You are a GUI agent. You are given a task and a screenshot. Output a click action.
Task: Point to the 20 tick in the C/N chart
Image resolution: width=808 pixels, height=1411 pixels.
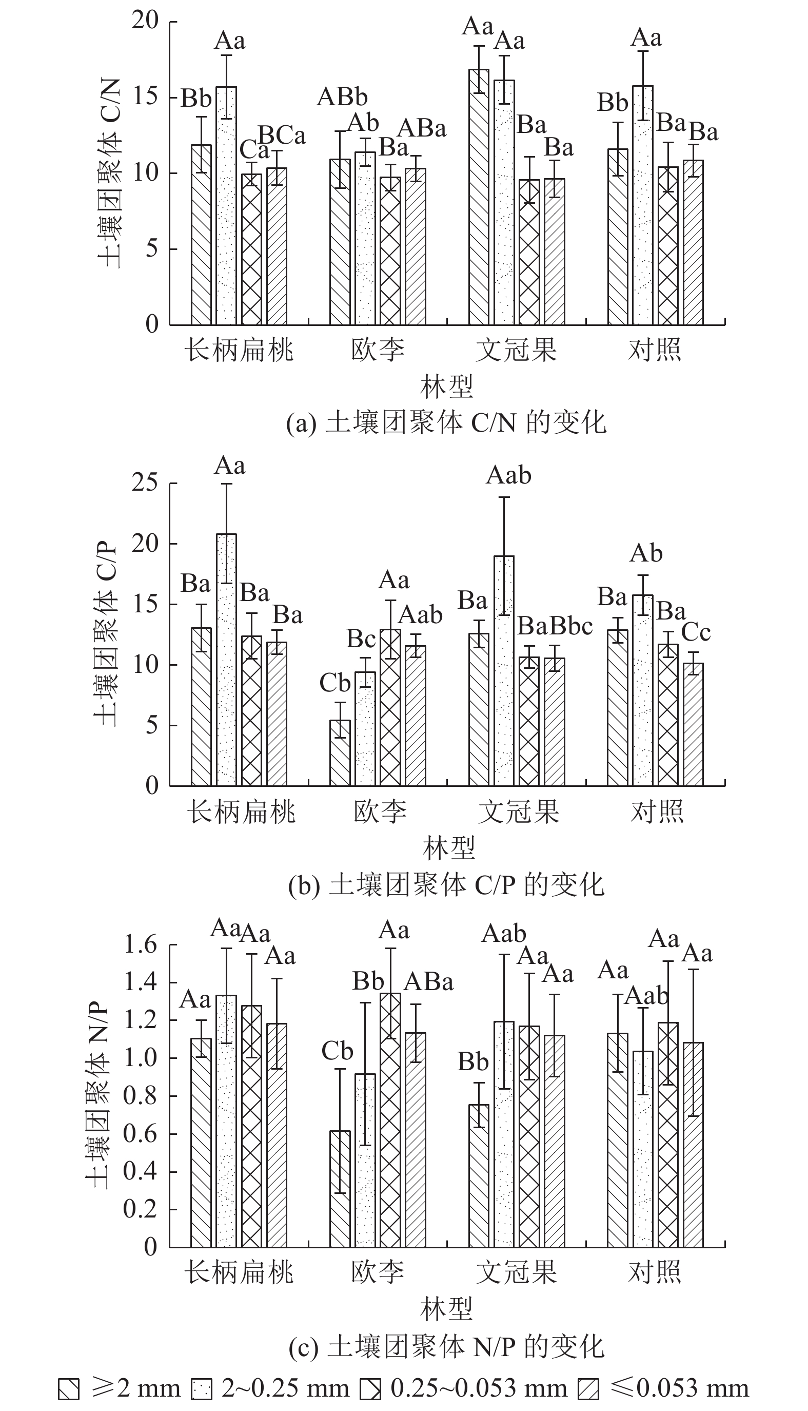click(x=145, y=21)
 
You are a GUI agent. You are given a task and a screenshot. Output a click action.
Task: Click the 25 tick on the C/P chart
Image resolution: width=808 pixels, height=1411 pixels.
click(x=145, y=484)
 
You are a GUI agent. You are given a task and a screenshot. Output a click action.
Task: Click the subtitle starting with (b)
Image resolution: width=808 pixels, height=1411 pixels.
click(x=446, y=885)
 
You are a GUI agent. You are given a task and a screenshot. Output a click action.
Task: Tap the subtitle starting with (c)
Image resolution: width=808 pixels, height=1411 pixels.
click(x=446, y=1345)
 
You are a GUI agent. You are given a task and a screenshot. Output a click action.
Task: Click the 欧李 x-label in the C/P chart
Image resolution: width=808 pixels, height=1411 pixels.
click(x=380, y=811)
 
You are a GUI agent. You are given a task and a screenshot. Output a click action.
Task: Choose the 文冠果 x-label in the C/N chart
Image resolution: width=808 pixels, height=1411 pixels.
click(x=516, y=350)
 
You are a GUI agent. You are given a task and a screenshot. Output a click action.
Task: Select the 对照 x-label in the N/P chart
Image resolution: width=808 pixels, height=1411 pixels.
click(x=654, y=1272)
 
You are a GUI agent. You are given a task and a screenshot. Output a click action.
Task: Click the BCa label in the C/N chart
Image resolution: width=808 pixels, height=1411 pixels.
click(x=282, y=135)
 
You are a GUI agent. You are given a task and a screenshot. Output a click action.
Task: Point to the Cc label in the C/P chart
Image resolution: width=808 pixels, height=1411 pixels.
click(x=695, y=632)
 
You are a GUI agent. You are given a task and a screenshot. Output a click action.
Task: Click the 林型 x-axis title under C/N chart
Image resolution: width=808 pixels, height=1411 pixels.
click(x=446, y=387)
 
